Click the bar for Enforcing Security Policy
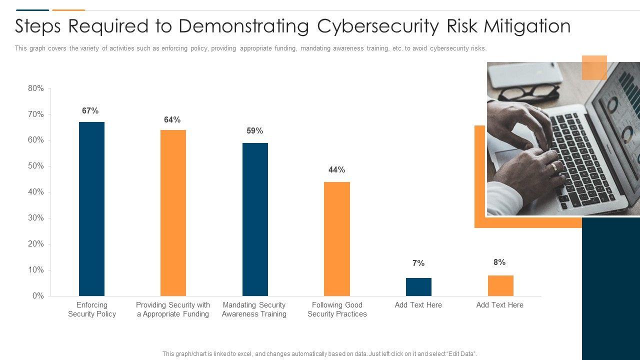(x=91, y=208)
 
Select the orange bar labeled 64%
(x=173, y=212)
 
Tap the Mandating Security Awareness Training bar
(x=255, y=219)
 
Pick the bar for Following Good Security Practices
(x=337, y=238)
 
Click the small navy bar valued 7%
(x=418, y=287)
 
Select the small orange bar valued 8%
(x=500, y=285)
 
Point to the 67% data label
(x=90, y=111)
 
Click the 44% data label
(x=336, y=170)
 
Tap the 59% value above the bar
(x=254, y=131)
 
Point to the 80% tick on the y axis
(x=36, y=88)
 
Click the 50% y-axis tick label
(x=36, y=166)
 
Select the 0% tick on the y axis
(x=38, y=296)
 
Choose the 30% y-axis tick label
(x=36, y=218)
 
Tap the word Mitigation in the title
(x=527, y=26)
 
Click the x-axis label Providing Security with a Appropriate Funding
(x=173, y=309)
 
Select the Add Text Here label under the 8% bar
(x=500, y=305)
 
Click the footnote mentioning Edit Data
(x=319, y=354)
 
